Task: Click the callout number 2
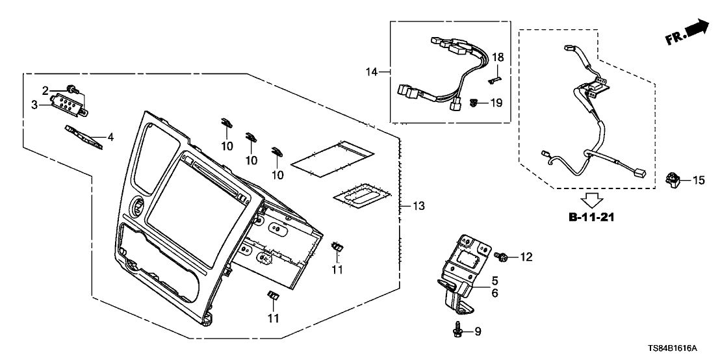(46, 90)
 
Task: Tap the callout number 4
(110, 137)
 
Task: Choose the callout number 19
(496, 103)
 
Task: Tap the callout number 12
(525, 257)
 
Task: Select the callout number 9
(478, 333)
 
